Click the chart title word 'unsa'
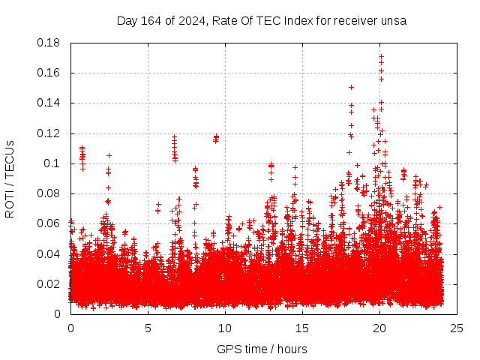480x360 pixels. tap(393, 21)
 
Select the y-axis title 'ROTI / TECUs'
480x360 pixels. tap(10, 178)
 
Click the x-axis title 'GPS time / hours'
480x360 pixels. tap(262, 349)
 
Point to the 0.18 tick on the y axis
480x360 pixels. tap(51, 43)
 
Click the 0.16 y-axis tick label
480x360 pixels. tap(51, 73)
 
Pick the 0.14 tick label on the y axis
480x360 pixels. tap(51, 103)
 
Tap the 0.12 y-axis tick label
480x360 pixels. tap(51, 133)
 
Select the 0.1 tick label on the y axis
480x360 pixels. tap(54, 163)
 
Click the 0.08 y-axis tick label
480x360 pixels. tap(51, 193)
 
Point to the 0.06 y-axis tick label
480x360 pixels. tap(51, 223)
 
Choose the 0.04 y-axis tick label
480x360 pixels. tap(51, 253)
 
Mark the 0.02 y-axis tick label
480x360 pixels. tap(51, 283)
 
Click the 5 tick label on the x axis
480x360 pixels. tap(148, 328)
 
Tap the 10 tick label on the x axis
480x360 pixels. tap(225, 328)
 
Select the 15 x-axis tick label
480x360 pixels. tap(302, 328)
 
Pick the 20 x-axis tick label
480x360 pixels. tap(379, 328)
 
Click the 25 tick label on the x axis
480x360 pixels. tap(457, 328)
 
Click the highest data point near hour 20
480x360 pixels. tap(381, 55)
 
